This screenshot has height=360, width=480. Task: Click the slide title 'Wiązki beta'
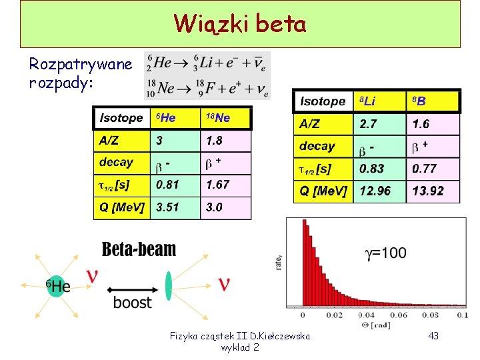coord(240,24)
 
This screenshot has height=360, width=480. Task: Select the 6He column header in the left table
coord(176,118)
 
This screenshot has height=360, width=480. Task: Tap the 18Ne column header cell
coord(226,118)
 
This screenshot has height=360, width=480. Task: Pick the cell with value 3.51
coord(176,207)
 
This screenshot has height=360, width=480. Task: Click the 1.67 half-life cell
coord(226,185)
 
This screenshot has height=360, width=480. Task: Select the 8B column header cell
coord(433,101)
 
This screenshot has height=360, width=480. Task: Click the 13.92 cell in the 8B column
coord(433,191)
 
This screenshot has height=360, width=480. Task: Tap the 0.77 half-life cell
coord(433,169)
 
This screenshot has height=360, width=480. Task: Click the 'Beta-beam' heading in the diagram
coord(139,249)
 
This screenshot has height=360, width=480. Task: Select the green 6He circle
coord(57,287)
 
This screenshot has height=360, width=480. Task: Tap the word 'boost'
coord(132,302)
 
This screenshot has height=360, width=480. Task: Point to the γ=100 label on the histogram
coord(385,253)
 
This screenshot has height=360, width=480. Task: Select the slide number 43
coord(433,336)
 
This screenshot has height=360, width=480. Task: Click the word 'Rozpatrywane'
coord(81,65)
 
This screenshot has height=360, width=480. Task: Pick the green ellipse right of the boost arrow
coord(169,285)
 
